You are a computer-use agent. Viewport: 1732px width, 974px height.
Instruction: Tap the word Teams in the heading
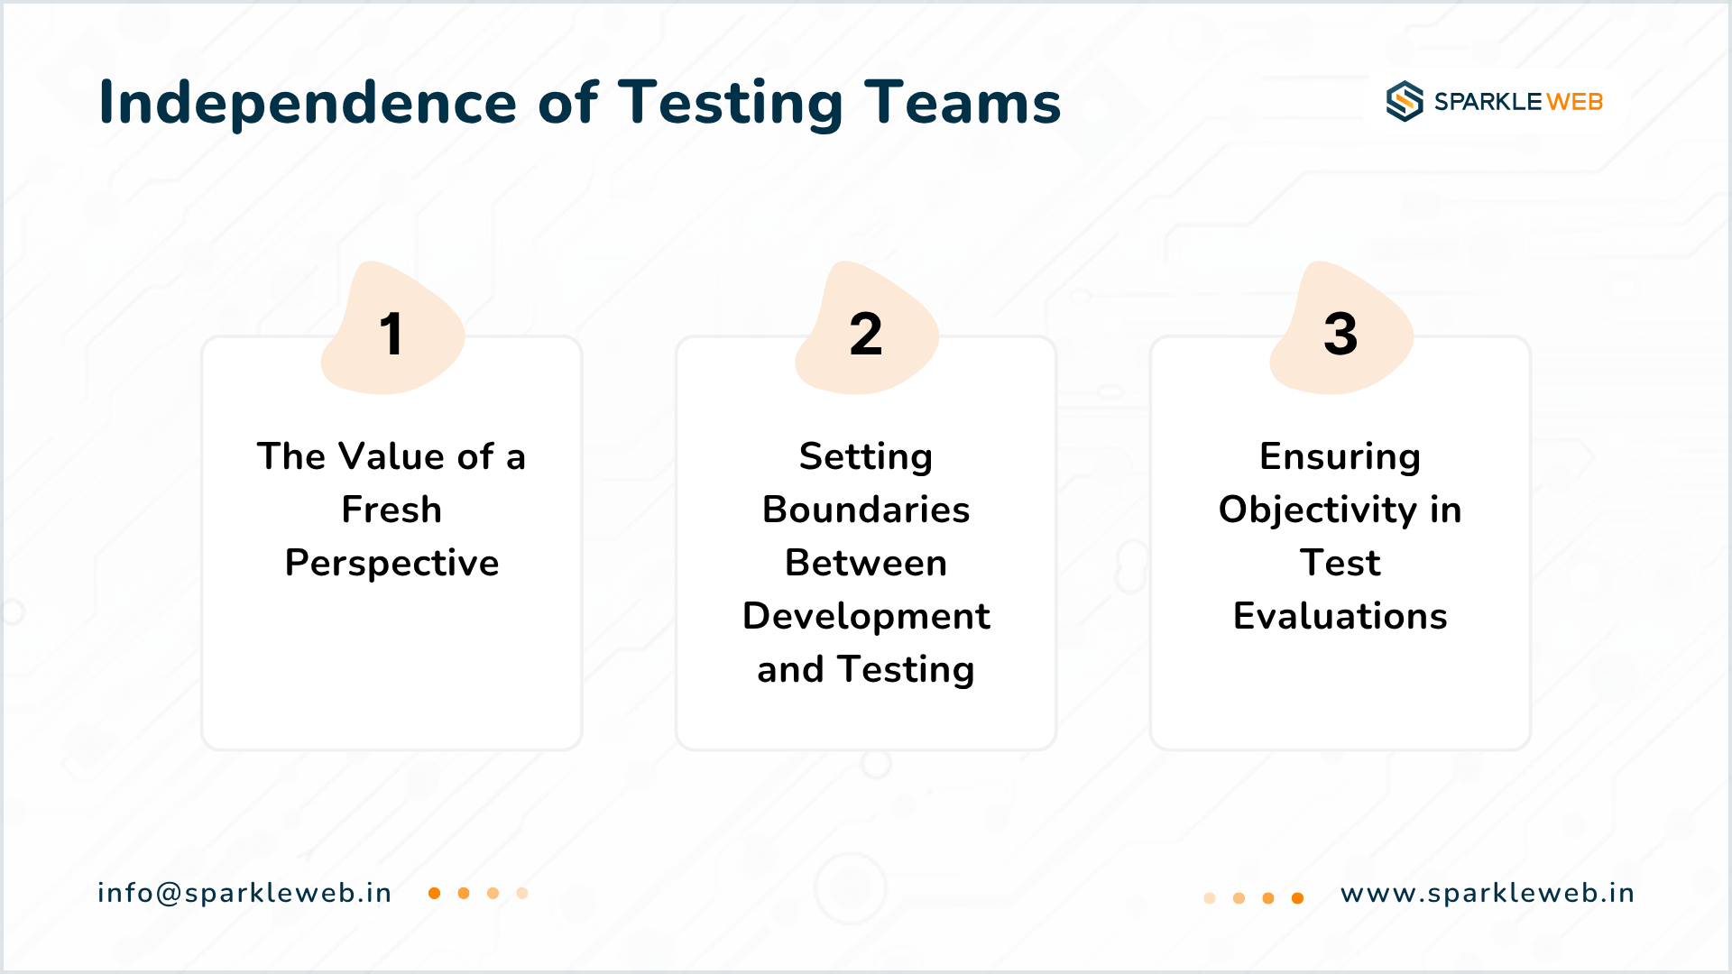(x=963, y=102)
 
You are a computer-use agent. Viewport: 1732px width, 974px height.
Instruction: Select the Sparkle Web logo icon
(x=1405, y=101)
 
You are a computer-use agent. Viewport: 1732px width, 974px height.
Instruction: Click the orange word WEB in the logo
(x=1575, y=102)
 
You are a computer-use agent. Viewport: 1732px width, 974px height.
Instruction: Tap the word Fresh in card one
(x=392, y=510)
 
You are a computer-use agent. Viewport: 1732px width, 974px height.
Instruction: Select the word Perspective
(x=392, y=564)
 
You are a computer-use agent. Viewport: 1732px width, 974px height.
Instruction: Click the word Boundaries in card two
(x=866, y=510)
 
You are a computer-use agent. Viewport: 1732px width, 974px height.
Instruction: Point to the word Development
(x=866, y=617)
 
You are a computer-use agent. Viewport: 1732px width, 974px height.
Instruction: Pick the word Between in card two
(x=866, y=563)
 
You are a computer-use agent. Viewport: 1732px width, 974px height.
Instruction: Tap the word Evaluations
(x=1340, y=616)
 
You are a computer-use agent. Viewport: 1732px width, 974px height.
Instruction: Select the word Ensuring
(x=1340, y=457)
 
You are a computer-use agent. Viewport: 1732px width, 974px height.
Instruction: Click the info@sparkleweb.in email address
(x=244, y=893)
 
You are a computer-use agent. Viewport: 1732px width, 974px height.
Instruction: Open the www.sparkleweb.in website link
(x=1488, y=894)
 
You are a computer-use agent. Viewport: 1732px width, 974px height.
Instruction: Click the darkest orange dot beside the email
(x=434, y=893)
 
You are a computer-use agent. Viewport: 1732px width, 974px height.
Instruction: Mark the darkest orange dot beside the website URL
(x=1297, y=898)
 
